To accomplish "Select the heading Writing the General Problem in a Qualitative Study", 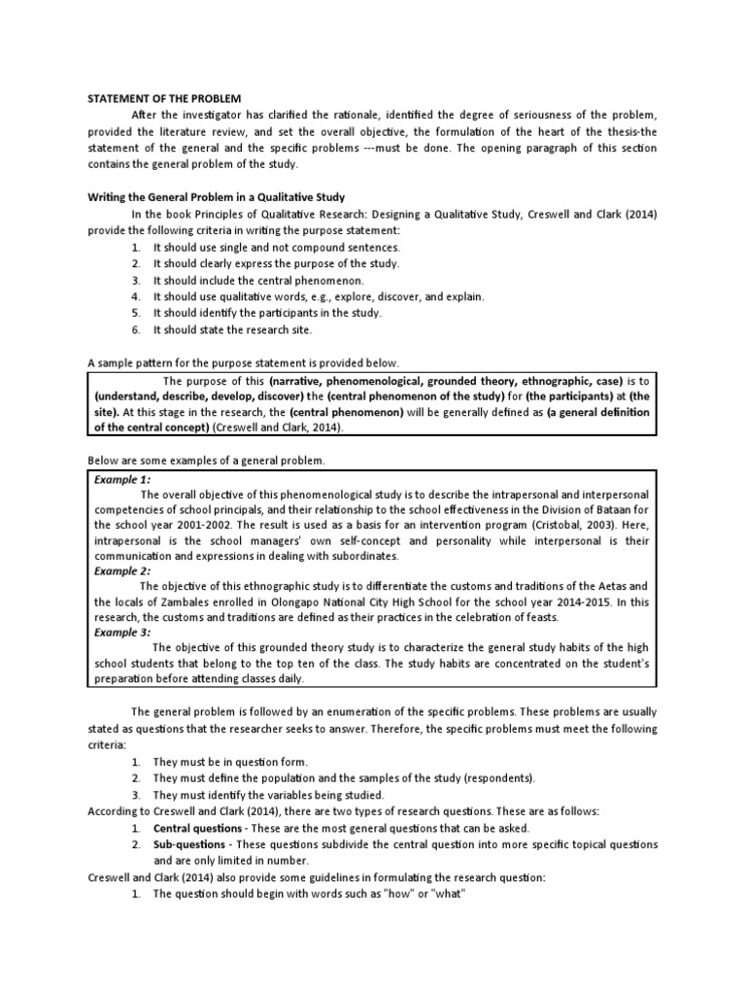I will [217, 196].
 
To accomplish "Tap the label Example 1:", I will [122, 479].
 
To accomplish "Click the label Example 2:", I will [122, 571].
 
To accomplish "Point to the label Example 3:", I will [122, 633].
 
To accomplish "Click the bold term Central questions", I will [198, 828].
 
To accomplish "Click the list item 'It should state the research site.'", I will [233, 330].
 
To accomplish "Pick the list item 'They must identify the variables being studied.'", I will [270, 795].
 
